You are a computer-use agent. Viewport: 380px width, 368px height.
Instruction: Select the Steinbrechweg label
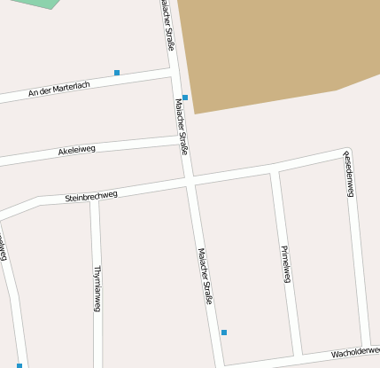click(x=91, y=195)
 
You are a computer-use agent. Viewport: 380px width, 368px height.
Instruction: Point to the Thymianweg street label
click(x=97, y=288)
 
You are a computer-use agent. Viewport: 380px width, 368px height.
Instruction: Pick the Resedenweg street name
click(x=349, y=174)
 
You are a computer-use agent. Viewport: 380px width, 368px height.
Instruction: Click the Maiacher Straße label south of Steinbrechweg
click(x=206, y=275)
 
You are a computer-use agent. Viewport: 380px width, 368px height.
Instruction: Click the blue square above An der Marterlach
click(x=117, y=73)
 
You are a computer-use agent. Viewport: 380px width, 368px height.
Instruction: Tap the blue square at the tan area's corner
click(x=185, y=98)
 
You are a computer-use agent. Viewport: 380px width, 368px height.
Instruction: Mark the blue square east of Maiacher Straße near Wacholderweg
click(x=224, y=333)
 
